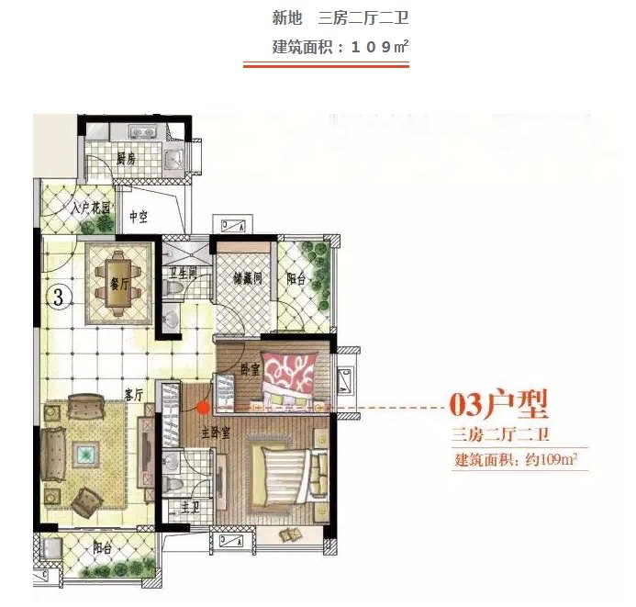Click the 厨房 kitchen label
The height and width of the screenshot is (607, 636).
(x=126, y=158)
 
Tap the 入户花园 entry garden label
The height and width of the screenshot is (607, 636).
(x=92, y=208)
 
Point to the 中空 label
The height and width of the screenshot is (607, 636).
(x=139, y=218)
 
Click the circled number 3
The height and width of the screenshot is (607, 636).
(x=58, y=297)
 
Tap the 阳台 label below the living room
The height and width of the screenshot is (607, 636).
(x=102, y=548)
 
